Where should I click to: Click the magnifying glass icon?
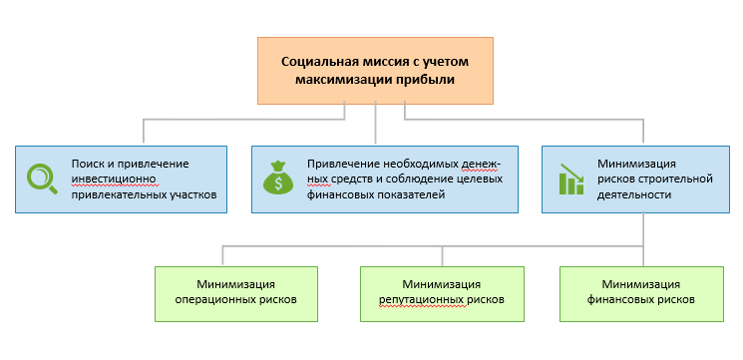point(42,178)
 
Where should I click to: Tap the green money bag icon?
point(276,179)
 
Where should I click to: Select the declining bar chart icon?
point(571,179)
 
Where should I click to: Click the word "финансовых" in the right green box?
point(621,298)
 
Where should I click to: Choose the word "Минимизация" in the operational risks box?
point(236,282)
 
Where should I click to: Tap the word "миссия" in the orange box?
point(390,61)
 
